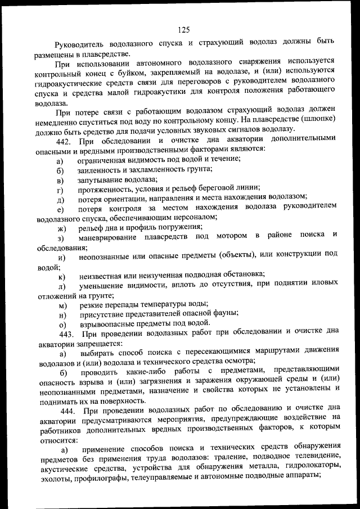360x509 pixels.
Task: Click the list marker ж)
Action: pos(61,228)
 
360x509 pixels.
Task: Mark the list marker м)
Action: pos(61,305)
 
